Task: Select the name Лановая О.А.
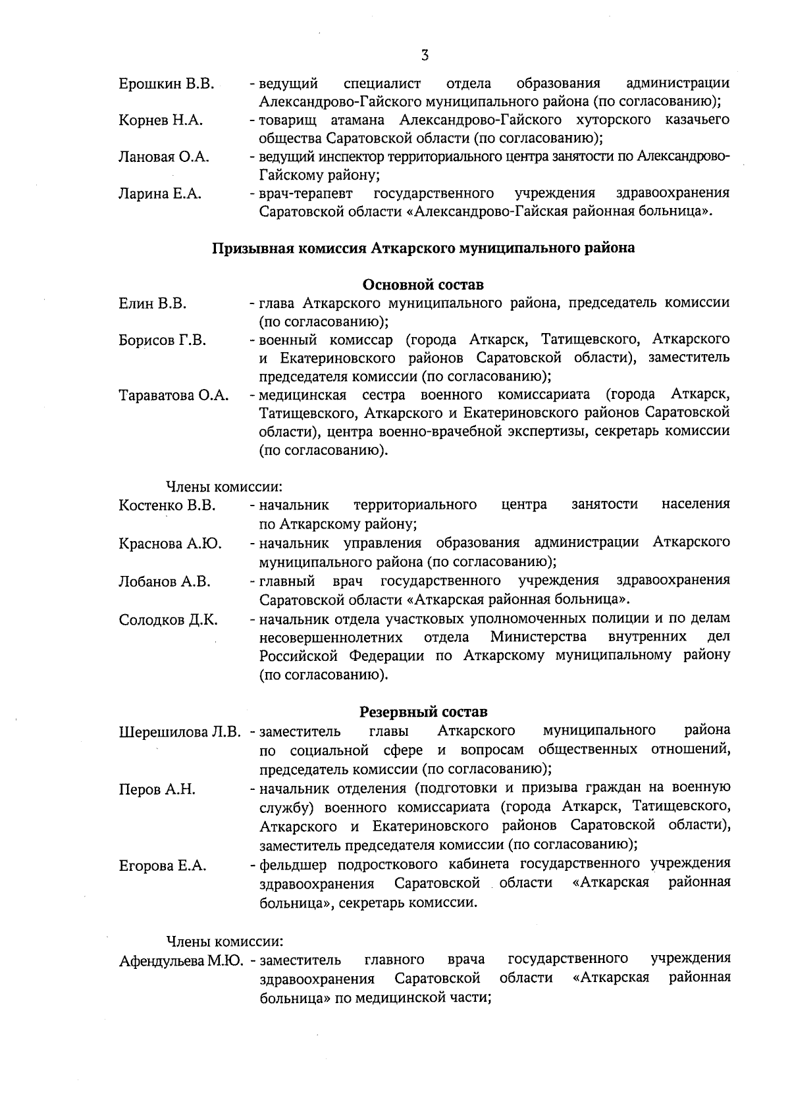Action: [x=163, y=157]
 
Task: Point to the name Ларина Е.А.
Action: [x=159, y=194]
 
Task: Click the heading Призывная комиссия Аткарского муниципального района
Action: [x=423, y=248]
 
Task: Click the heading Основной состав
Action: [x=423, y=285]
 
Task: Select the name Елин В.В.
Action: [x=152, y=303]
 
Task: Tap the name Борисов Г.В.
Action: [x=162, y=340]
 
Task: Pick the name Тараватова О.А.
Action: [x=173, y=395]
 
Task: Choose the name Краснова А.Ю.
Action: [x=170, y=544]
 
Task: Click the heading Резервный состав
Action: [x=423, y=712]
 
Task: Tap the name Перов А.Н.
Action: [x=157, y=789]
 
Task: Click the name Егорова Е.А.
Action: [x=162, y=866]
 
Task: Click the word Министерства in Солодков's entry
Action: [x=539, y=636]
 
